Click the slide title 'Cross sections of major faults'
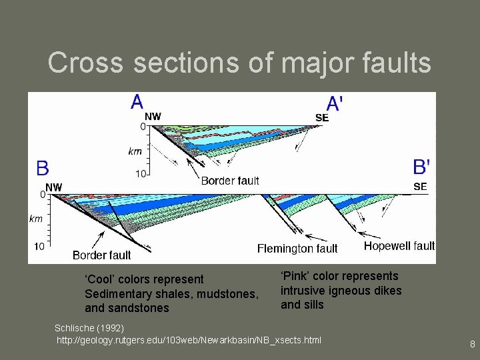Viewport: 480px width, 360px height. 239,63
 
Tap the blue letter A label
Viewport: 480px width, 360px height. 137,102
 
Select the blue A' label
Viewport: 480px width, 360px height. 335,103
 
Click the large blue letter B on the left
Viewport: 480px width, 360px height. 43,167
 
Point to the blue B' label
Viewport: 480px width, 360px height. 421,167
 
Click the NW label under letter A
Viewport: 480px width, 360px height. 153,117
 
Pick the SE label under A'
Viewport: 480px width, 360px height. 322,118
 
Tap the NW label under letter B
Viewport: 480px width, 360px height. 53,187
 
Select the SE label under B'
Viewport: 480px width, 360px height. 420,187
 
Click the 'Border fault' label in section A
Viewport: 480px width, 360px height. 230,180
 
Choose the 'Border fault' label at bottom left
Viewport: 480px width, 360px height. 101,255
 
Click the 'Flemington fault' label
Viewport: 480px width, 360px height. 297,249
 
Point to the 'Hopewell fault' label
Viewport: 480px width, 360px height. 399,246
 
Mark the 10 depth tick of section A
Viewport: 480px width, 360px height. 141,174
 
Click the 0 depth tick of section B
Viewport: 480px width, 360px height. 42,195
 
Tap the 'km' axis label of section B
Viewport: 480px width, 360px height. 36,218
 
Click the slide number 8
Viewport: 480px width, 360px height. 472,345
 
